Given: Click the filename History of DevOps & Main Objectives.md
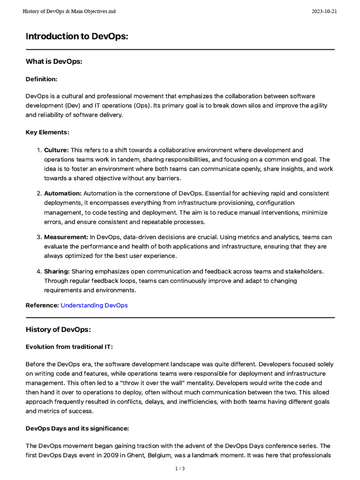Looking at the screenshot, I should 69,11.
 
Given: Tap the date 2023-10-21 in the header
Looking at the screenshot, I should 324,11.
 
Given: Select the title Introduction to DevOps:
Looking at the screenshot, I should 76,37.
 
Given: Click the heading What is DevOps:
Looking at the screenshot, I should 54,61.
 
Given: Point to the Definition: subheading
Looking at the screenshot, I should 41,79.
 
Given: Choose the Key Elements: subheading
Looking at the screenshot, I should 47,132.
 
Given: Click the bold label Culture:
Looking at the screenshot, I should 56,150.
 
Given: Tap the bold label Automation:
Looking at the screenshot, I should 63,193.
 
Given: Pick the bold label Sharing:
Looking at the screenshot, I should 57,271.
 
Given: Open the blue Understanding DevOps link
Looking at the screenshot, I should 94,305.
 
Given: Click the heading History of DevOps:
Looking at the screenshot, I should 58,330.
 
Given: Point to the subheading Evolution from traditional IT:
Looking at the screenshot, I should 69,347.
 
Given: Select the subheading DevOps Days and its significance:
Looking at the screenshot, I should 77,428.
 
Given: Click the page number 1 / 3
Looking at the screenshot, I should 180,468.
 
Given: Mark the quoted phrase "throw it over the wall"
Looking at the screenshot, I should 155,382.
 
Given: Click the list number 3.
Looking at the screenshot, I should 39,237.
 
